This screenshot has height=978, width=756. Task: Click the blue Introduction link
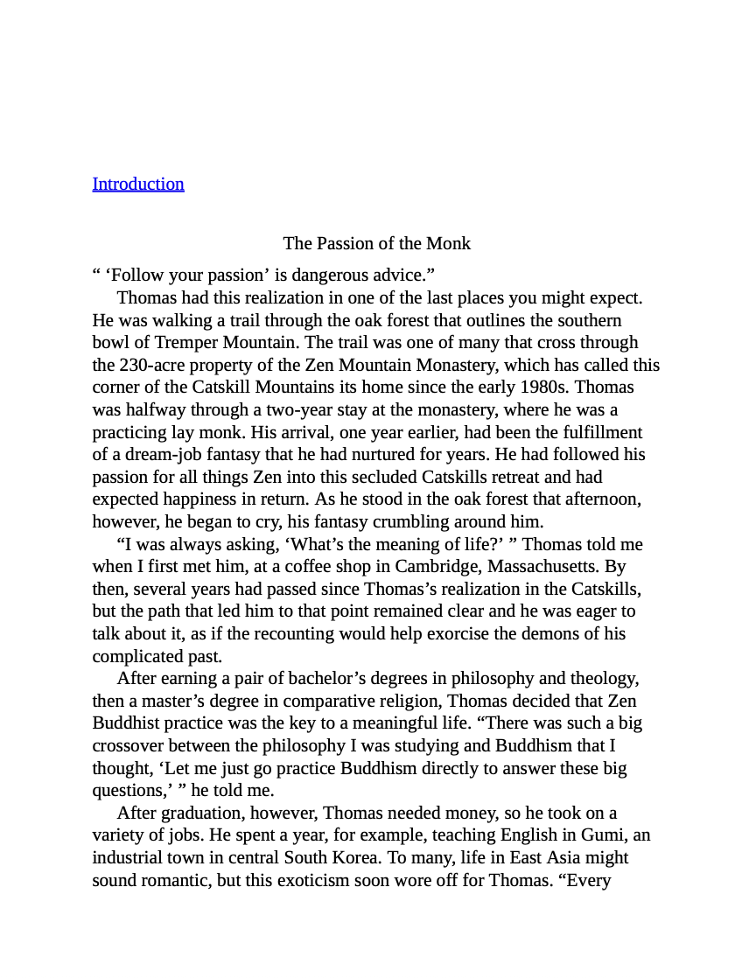(x=138, y=184)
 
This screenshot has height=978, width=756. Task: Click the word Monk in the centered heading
(x=450, y=243)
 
